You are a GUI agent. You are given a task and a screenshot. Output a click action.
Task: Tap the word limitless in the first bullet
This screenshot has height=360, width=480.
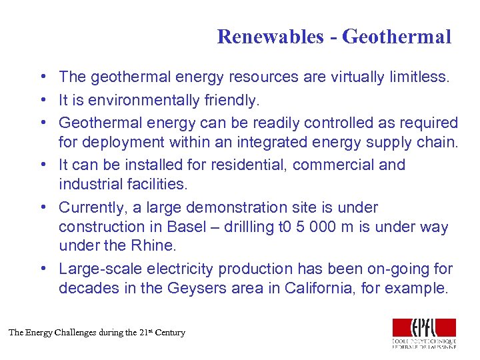click(415, 77)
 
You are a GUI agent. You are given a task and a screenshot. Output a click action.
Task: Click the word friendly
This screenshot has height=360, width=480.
click(233, 100)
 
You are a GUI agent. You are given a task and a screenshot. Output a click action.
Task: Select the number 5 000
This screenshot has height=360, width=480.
click(315, 227)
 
